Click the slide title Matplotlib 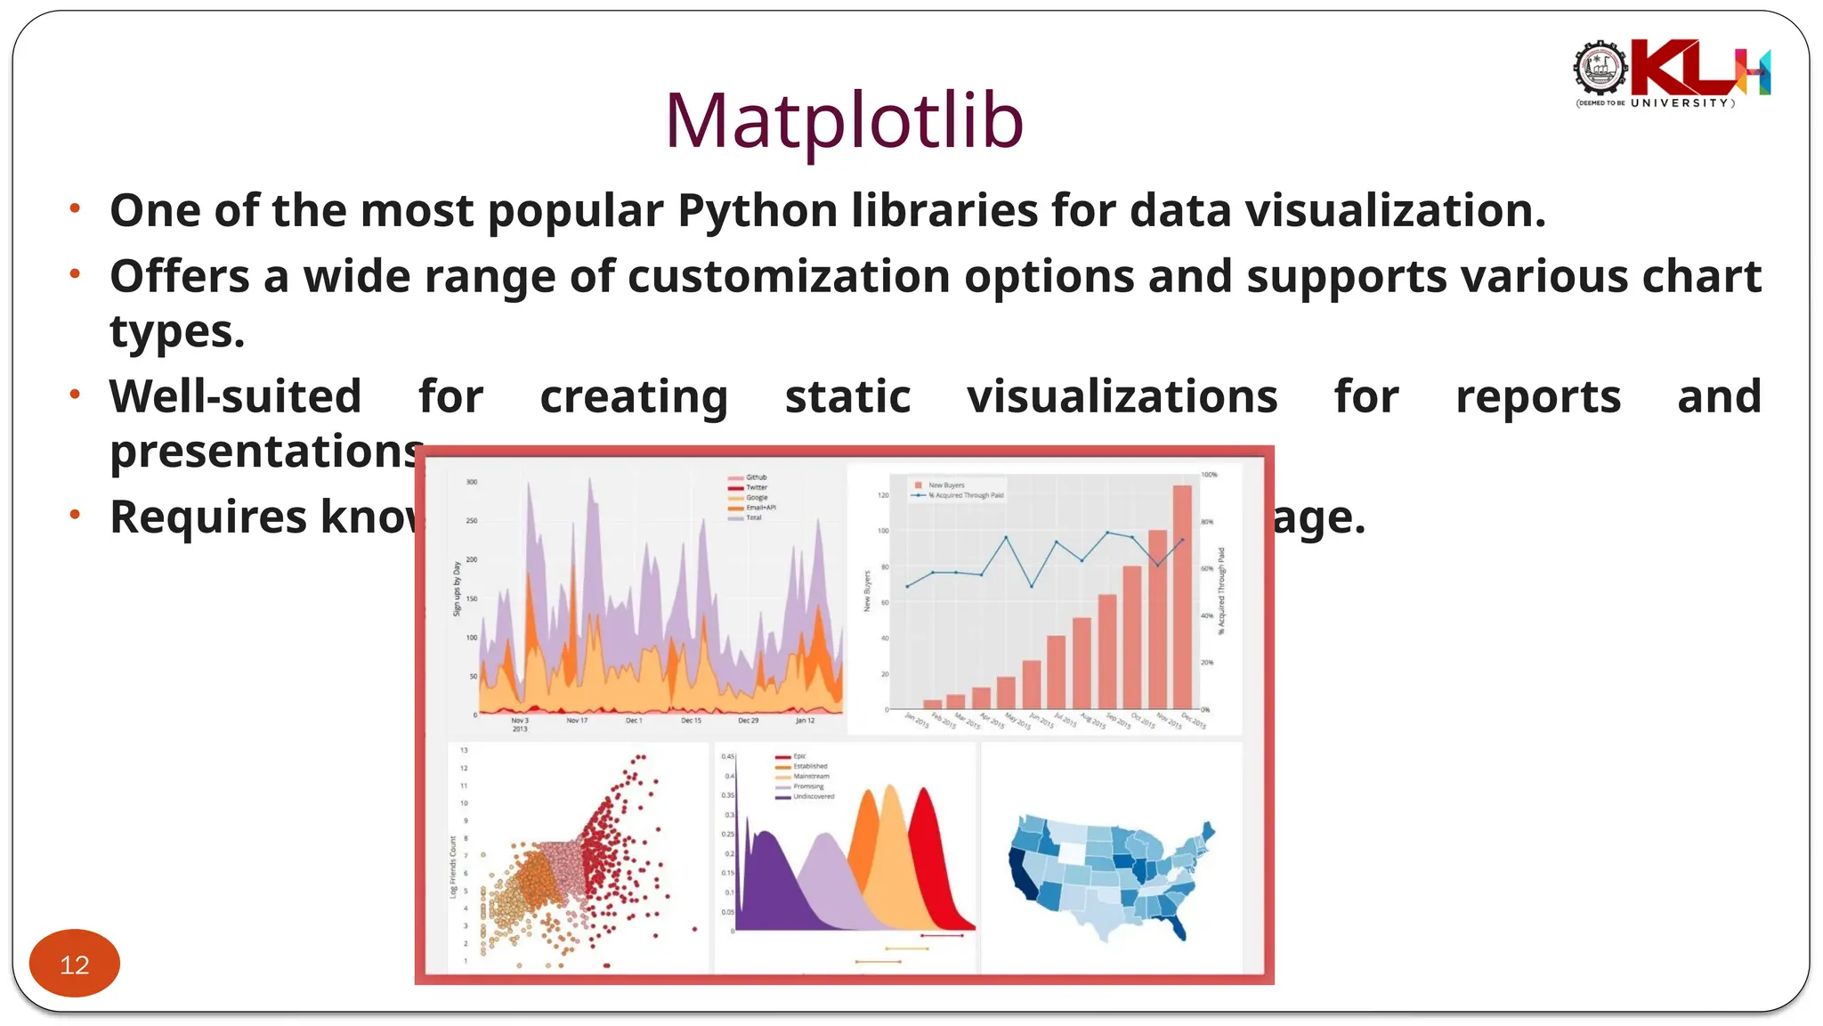pos(844,120)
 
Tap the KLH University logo pos(1672,73)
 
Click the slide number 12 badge pos(75,965)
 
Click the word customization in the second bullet pos(790,276)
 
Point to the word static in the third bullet pos(847,396)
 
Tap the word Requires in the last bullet pos(207,517)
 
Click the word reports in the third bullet pos(1537,396)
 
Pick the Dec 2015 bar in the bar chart pos(1182,597)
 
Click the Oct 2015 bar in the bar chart pos(1132,637)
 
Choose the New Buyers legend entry pos(945,485)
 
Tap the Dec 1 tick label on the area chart pos(633,721)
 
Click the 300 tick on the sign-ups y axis pos(472,482)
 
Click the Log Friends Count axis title pos(453,866)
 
